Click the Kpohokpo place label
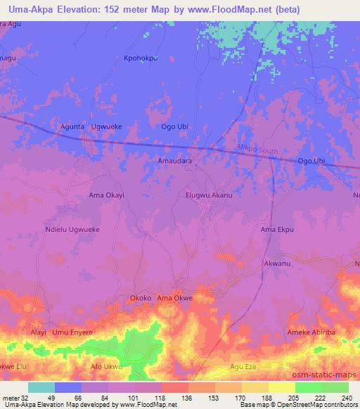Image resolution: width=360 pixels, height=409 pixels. coord(141,58)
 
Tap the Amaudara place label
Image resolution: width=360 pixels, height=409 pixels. coord(174,161)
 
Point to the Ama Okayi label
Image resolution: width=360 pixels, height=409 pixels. coord(107,195)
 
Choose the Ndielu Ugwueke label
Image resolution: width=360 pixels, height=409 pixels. coord(72,229)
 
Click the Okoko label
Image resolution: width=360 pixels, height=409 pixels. coord(141,298)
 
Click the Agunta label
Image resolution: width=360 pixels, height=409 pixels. coord(73,126)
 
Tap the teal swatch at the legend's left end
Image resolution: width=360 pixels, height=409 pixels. coord(41,387)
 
